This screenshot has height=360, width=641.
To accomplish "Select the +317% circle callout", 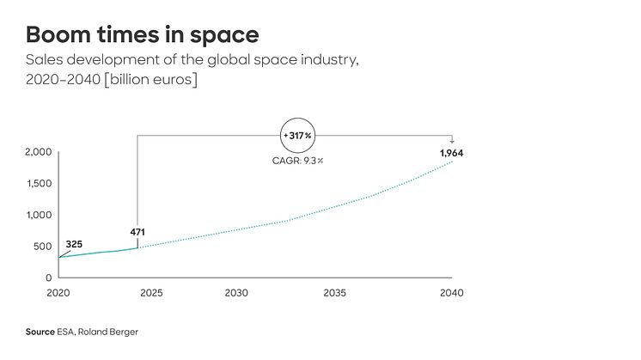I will click(298, 137).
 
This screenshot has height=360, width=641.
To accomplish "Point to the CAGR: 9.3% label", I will click(298, 161).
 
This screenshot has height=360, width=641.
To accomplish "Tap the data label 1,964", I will click(451, 153).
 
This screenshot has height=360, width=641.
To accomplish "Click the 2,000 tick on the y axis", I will click(38, 152).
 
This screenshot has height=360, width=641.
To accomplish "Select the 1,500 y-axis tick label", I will click(38, 184).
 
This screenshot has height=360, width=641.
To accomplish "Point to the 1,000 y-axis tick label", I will click(38, 215).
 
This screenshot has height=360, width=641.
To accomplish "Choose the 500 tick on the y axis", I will click(43, 247).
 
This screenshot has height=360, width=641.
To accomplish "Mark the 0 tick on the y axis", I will click(49, 278).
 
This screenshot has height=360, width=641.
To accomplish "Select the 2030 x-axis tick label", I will click(236, 293).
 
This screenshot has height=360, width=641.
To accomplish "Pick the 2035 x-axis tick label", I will click(335, 293).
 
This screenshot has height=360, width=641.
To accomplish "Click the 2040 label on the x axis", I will click(451, 293).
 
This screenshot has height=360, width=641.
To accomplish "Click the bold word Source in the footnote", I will click(40, 331).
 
